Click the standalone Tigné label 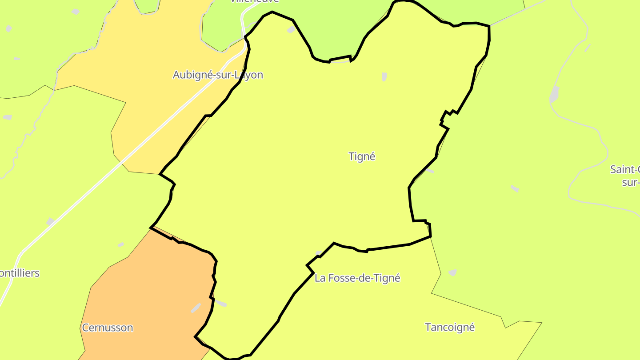(x=362, y=156)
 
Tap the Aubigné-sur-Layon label (x=218, y=75)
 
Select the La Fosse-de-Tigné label (x=357, y=278)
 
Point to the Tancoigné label (x=450, y=328)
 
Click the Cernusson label (x=108, y=328)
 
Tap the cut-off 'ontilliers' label (x=20, y=273)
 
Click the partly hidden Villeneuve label (x=254, y=1)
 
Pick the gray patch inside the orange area (x=196, y=308)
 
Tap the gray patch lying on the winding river (x=554, y=94)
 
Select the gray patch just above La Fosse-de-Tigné (x=319, y=253)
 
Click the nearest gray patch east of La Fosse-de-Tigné (x=452, y=272)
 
